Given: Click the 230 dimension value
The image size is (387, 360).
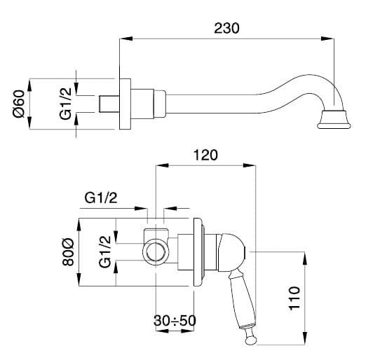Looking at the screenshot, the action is [x=226, y=28].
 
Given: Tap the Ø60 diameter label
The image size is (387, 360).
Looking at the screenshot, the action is [x=19, y=104].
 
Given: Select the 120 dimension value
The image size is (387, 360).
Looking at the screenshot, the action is [x=205, y=155].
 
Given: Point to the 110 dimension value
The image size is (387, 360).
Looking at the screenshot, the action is [x=294, y=298].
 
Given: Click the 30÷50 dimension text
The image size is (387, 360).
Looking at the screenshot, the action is [x=175, y=321].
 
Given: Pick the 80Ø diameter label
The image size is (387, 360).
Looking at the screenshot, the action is [x=68, y=251].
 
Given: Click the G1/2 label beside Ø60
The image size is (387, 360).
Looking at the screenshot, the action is [x=65, y=104].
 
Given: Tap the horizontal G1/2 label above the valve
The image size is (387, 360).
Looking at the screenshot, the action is [x=101, y=198].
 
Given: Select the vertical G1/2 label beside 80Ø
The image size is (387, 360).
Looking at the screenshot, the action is [x=105, y=251].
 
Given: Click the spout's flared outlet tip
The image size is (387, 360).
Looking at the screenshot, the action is [x=334, y=120].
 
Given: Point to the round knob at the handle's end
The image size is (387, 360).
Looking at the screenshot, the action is [x=251, y=340].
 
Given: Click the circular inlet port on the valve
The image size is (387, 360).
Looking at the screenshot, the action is [x=156, y=252].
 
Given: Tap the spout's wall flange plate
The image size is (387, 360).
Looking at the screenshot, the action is [x=125, y=104].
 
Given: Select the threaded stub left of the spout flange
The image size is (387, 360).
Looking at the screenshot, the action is [x=109, y=104].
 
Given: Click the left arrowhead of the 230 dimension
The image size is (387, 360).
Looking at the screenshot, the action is [x=126, y=39].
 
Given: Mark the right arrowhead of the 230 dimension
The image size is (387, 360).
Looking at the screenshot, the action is [x=327, y=39].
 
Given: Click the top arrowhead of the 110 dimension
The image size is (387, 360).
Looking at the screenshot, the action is [x=305, y=258].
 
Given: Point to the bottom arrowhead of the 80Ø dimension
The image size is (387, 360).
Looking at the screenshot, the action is [x=79, y=279].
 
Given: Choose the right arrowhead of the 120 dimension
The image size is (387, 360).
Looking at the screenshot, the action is [x=249, y=165].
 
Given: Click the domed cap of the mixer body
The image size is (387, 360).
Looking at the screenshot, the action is [x=231, y=251].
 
